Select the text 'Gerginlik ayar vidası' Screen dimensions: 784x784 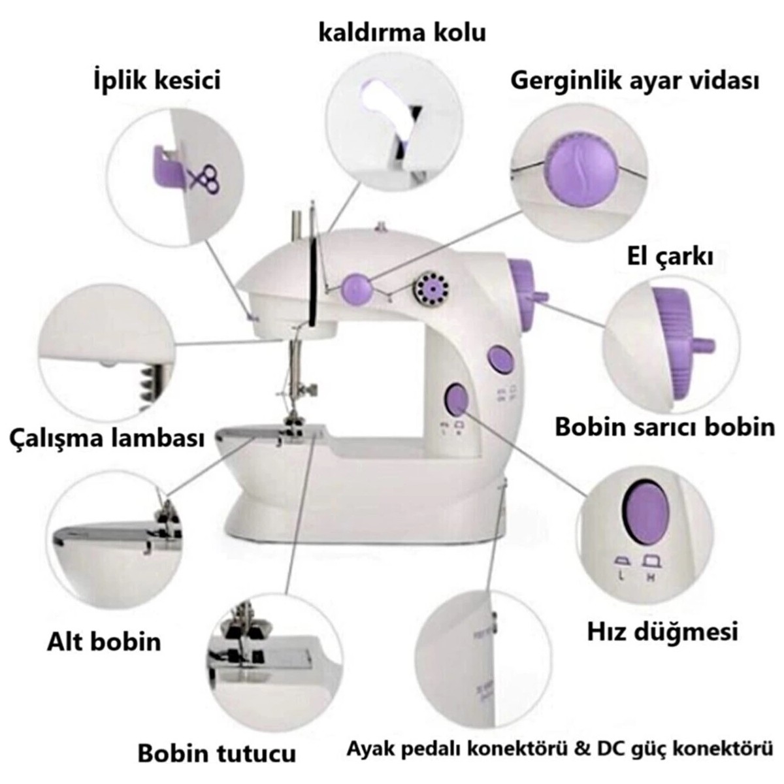[x=634, y=82]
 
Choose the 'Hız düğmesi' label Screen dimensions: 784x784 [x=662, y=631]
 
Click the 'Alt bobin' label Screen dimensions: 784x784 [x=103, y=641]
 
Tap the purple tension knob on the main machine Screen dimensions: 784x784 [x=356, y=286]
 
